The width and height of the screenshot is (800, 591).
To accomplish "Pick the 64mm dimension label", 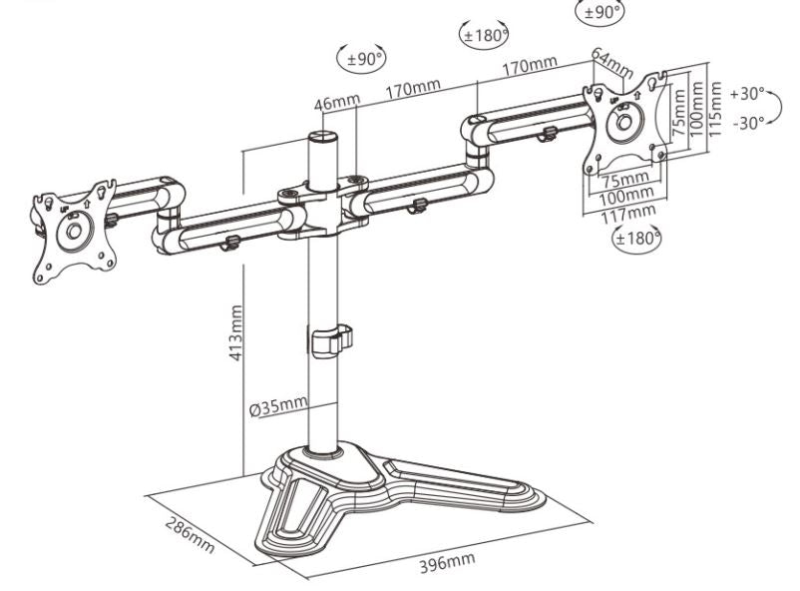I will click(611, 64).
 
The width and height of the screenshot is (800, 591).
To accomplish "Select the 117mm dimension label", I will click(629, 210).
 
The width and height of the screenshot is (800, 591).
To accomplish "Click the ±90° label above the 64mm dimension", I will click(600, 13).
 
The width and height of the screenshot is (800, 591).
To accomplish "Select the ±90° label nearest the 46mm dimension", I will click(364, 59).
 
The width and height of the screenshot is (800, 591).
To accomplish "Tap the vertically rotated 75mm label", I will click(678, 112).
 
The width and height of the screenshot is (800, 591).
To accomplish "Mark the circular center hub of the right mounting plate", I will click(627, 122).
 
